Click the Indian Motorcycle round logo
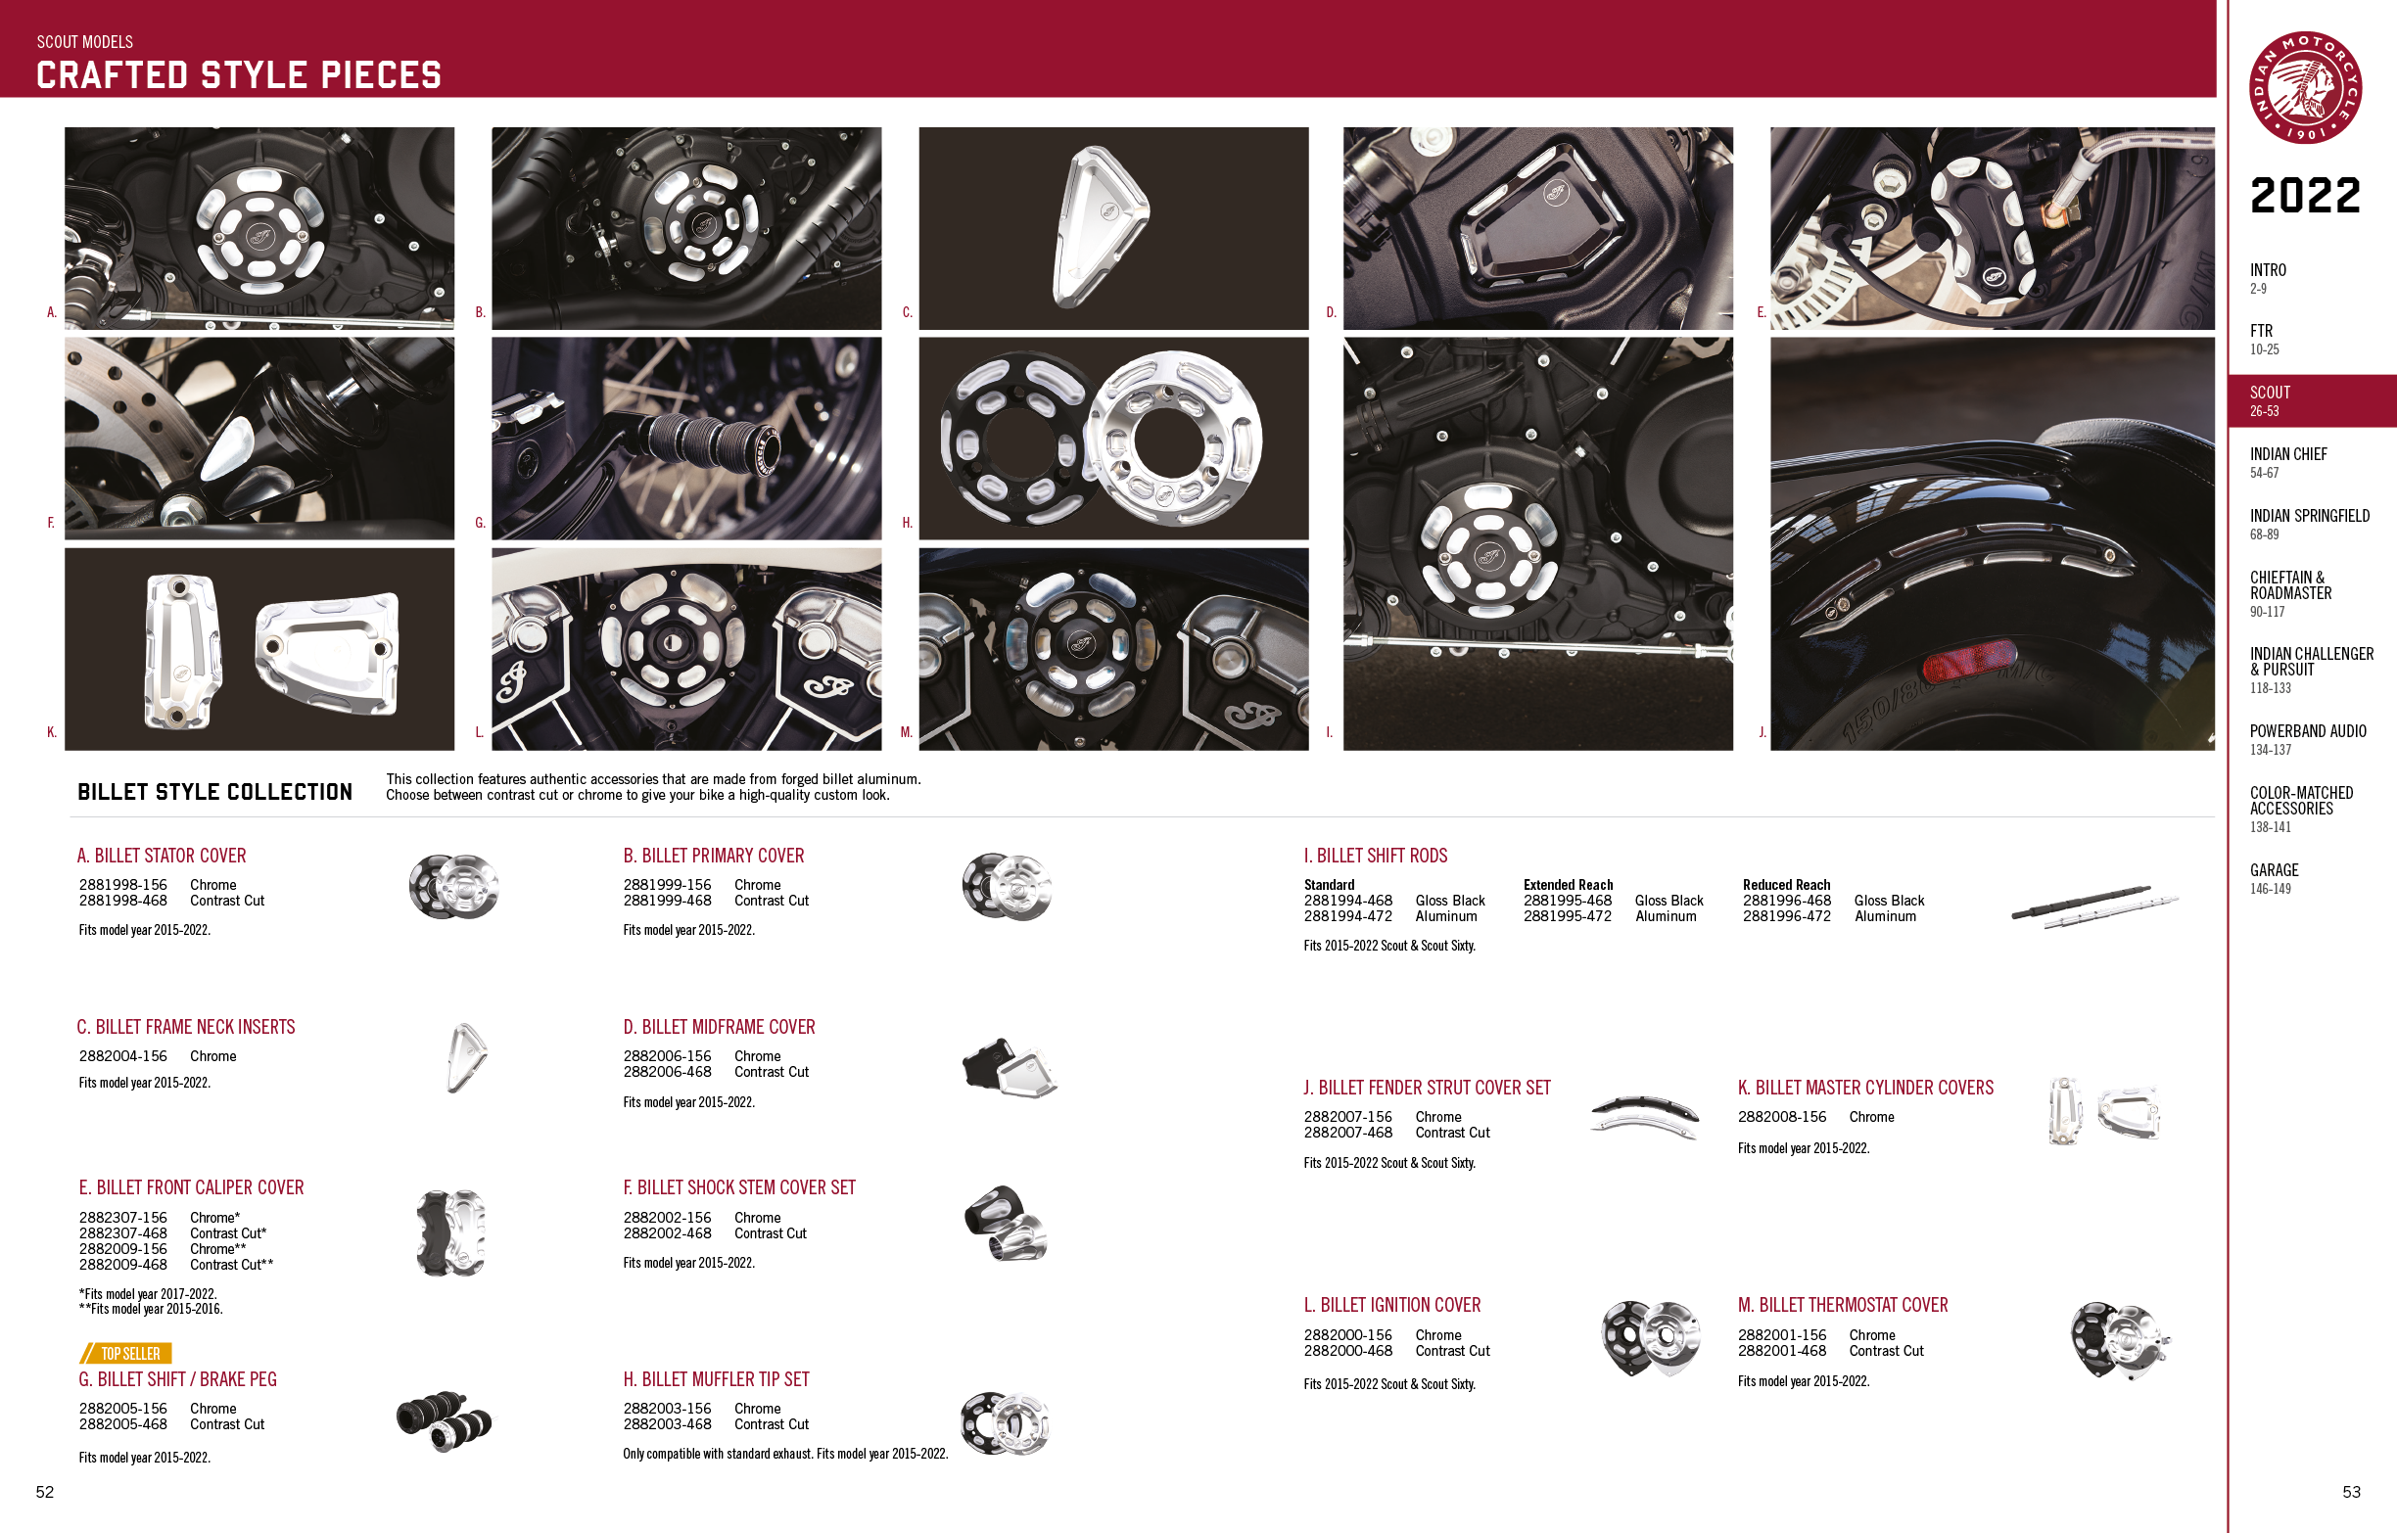[2305, 87]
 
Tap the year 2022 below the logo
[2305, 196]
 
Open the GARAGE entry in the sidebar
[2275, 878]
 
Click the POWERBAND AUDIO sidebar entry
[2308, 739]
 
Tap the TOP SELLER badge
[126, 1353]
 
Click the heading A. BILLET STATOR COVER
[162, 856]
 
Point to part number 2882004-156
[123, 1056]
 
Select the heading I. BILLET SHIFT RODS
[1376, 856]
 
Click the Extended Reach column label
[1568, 885]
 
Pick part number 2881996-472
[1787, 917]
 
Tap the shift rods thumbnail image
[2094, 906]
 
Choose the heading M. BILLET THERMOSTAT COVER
[1843, 1305]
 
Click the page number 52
[45, 1491]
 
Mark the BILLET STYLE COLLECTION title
[215, 791]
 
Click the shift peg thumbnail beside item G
[444, 1420]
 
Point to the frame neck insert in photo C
[1100, 225]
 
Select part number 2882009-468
[123, 1265]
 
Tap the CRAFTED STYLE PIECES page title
[239, 75]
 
